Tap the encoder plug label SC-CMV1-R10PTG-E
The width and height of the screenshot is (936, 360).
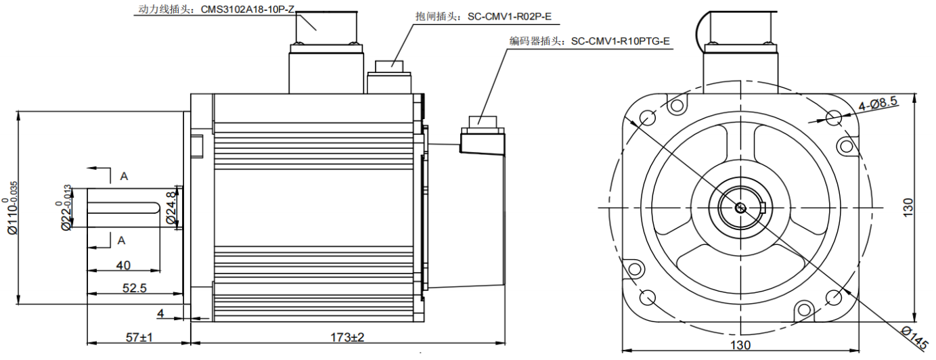[620, 41]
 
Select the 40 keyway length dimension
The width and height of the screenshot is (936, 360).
[123, 265]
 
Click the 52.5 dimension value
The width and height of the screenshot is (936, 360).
[134, 288]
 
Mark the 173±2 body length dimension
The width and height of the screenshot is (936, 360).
[347, 336]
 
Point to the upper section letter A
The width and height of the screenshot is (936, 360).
[124, 176]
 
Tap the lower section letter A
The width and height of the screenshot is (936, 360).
[122, 240]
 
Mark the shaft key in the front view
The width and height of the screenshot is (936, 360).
[761, 208]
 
